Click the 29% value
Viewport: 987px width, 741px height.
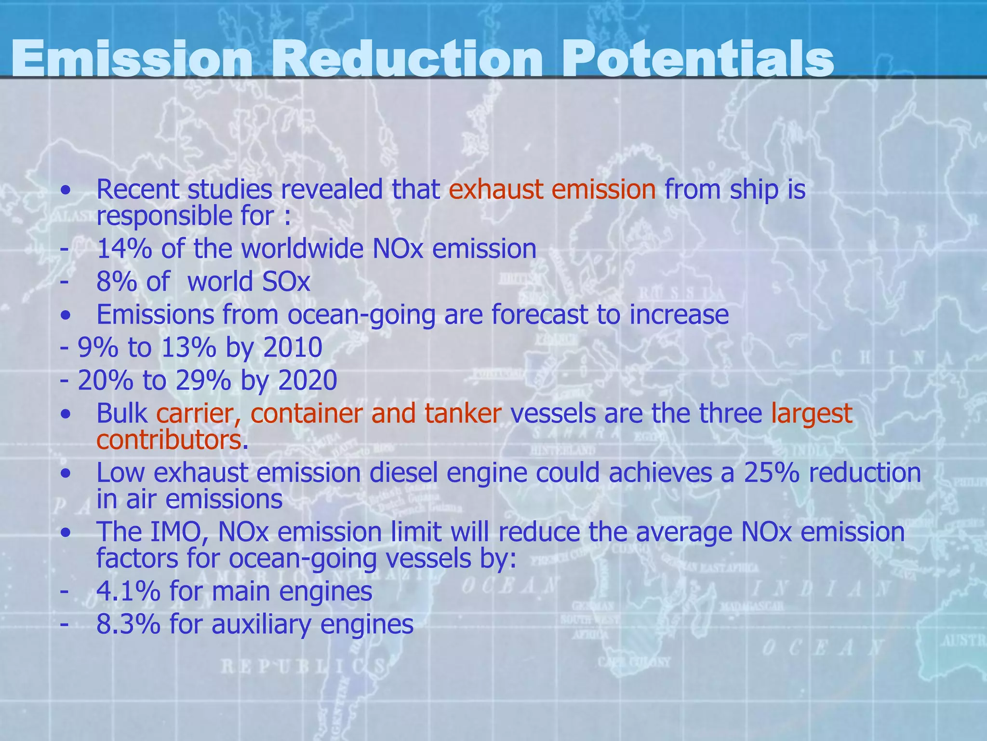pos(203,380)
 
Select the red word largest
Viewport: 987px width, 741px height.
pos(812,414)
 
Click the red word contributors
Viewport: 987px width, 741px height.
pos(169,439)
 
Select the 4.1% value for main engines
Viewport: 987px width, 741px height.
pos(128,591)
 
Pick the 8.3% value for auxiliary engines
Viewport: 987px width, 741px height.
pos(128,624)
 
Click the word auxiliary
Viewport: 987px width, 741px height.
pos(262,624)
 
